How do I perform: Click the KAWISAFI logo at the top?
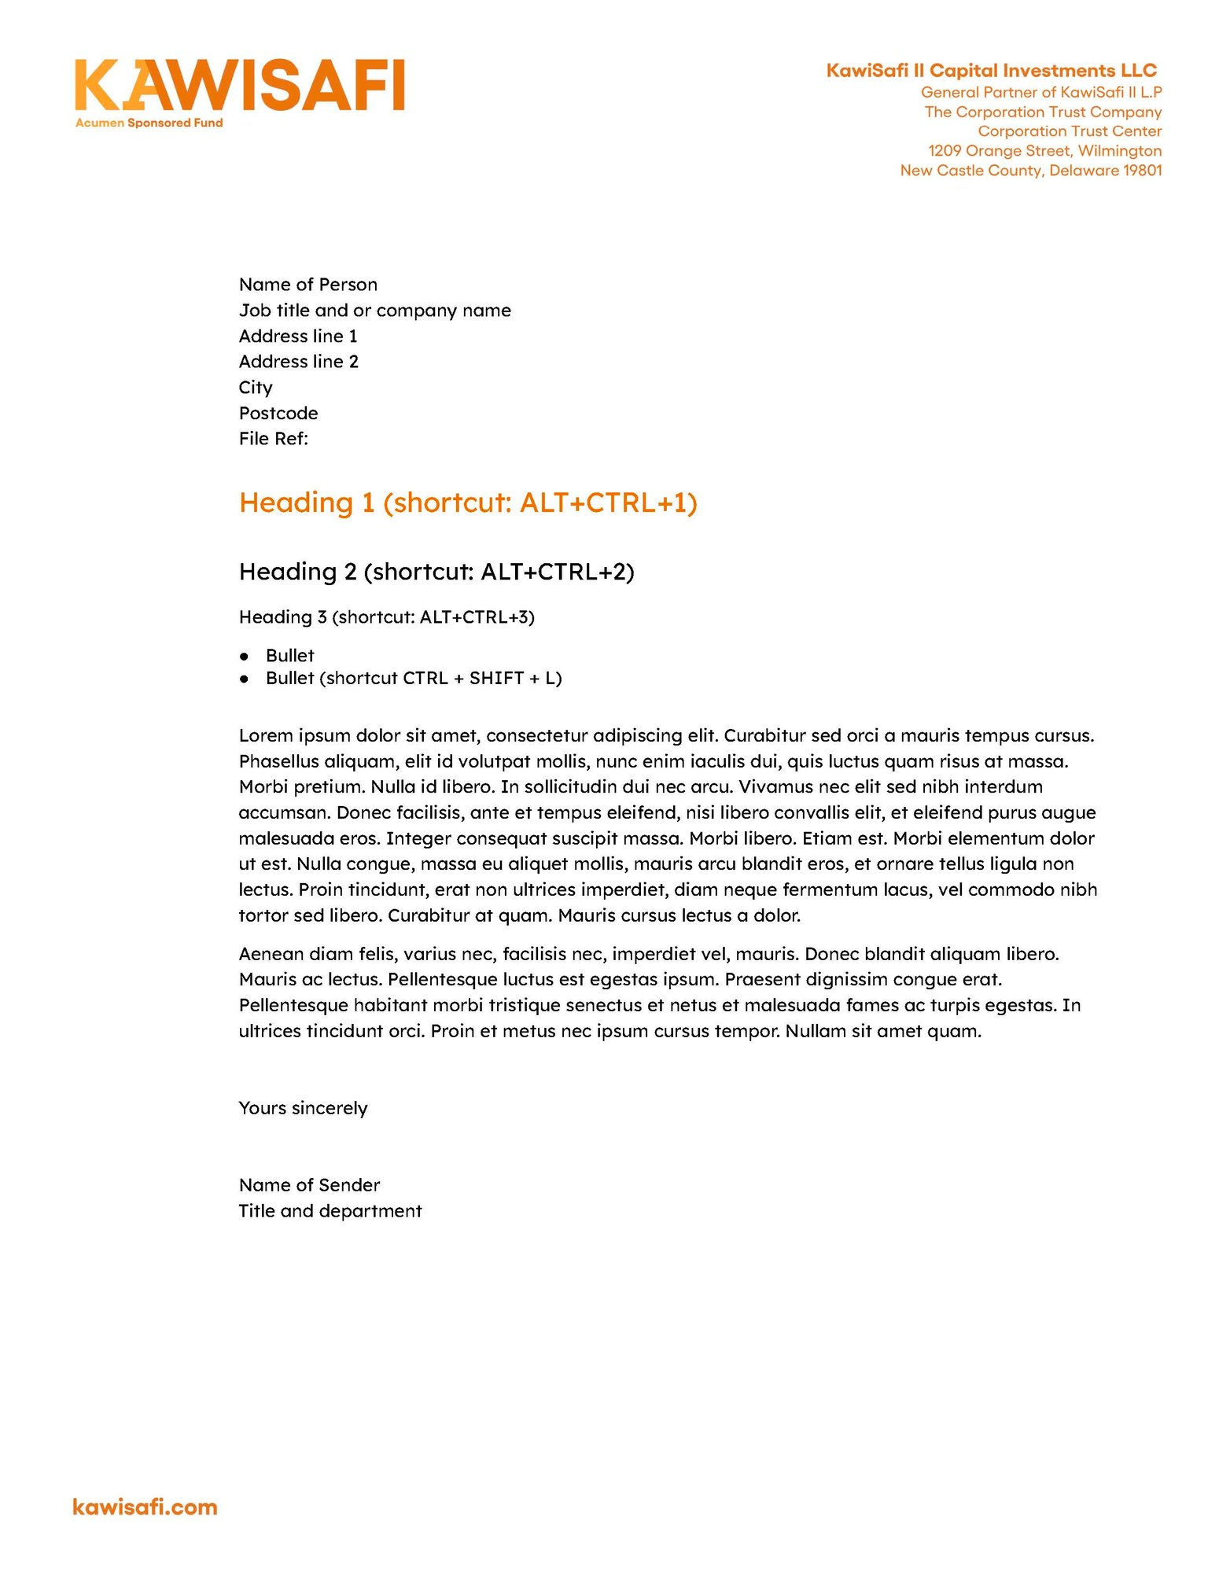coord(239,85)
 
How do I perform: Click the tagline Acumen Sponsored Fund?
coord(149,123)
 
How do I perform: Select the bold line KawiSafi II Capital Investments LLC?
coord(991,71)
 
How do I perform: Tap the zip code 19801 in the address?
coord(1142,171)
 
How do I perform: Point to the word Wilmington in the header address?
coord(1119,151)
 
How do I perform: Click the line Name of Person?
coord(308,285)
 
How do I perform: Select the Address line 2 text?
coord(298,362)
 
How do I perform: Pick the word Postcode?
coord(278,414)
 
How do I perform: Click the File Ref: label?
coord(273,439)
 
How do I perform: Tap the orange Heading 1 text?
coord(468,503)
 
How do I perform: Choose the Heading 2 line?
coord(436,572)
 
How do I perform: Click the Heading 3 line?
coord(386,617)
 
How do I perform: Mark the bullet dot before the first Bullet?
coord(245,656)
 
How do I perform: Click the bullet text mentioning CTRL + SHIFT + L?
coord(414,679)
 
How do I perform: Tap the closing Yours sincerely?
coord(303,1109)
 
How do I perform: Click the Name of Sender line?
coord(309,1186)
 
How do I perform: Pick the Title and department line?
coord(330,1212)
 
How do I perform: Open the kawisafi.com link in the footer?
coord(145,1508)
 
